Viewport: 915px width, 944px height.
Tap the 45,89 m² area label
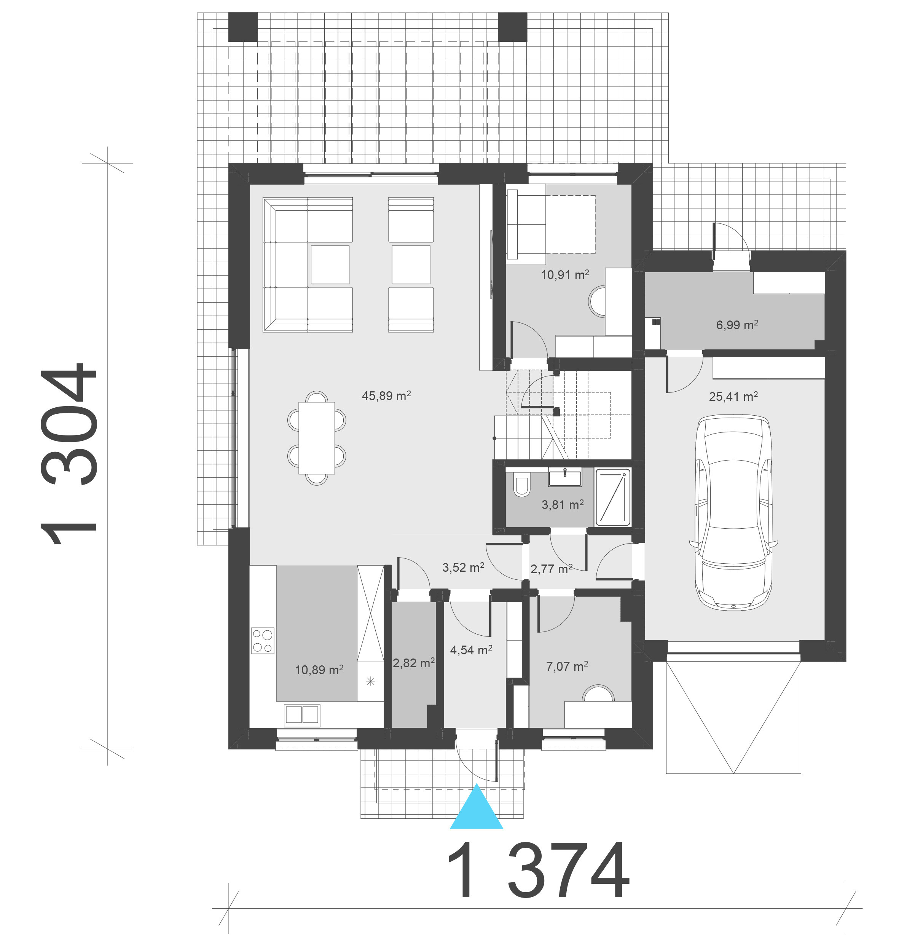[x=386, y=396]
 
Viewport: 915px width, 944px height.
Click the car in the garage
[x=733, y=513]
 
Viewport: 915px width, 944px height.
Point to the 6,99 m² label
[x=737, y=325]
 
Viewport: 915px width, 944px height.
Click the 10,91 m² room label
[x=565, y=274]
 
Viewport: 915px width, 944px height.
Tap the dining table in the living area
[x=317, y=438]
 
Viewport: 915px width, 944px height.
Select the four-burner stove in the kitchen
[x=263, y=641]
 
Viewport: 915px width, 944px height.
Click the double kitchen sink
[x=302, y=715]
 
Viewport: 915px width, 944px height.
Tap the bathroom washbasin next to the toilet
[x=565, y=478]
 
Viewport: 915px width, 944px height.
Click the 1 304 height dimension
[x=69, y=454]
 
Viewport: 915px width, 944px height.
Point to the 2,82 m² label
[x=414, y=663]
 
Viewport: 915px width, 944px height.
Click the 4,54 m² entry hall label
[x=471, y=650]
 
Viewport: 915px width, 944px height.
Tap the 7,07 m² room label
[x=567, y=666]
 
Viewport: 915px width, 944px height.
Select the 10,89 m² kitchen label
[x=319, y=670]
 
